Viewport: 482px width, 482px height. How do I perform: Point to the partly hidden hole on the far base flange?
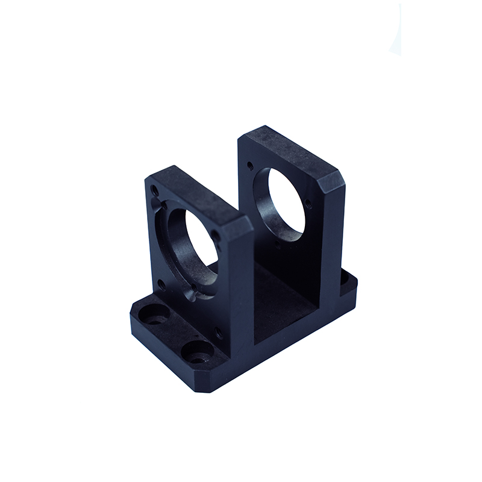[345, 280]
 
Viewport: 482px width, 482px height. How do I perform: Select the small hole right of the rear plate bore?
[308, 202]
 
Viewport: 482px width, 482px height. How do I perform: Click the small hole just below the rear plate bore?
[278, 245]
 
